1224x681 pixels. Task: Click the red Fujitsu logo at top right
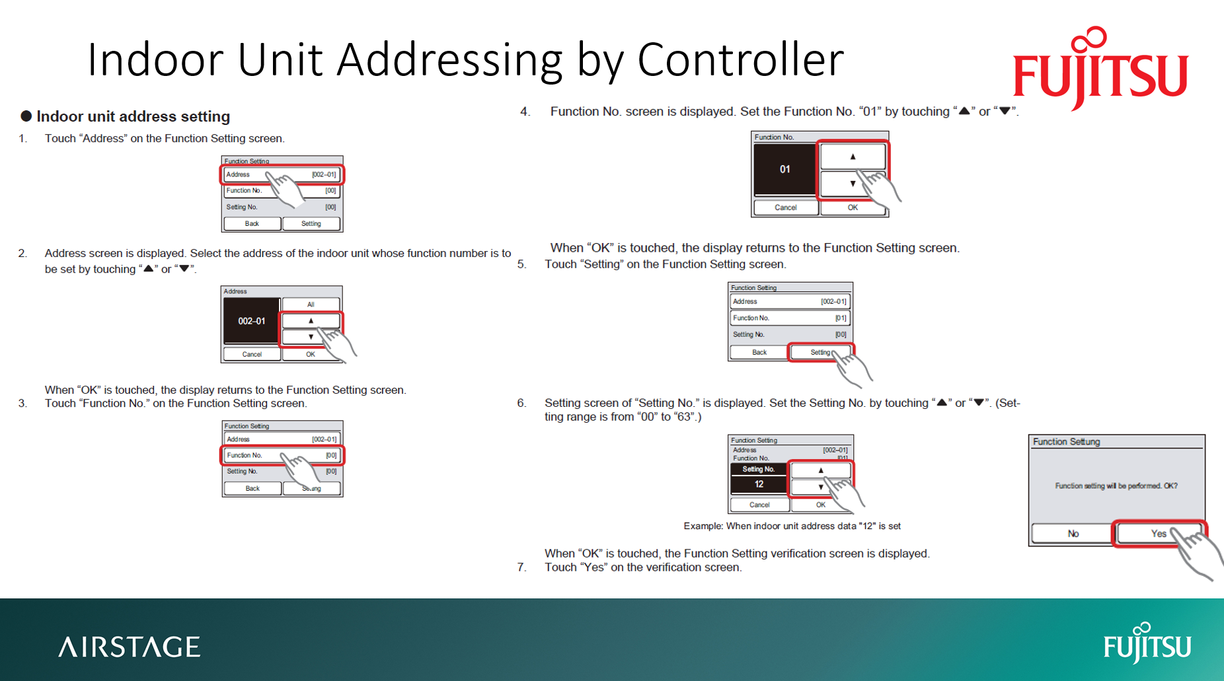tap(1100, 69)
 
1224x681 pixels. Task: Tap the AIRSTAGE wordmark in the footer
tap(130, 647)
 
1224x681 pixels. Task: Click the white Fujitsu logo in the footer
tap(1147, 643)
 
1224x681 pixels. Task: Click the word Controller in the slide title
tap(740, 59)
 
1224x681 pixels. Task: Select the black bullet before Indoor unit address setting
tap(26, 116)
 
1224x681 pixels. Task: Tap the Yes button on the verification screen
tap(1158, 534)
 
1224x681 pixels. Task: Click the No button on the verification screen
tap(1073, 534)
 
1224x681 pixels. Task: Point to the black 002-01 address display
tap(252, 321)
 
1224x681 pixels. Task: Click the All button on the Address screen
tap(311, 305)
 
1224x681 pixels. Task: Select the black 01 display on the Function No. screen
tap(785, 170)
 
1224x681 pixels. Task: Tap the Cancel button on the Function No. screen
tap(785, 207)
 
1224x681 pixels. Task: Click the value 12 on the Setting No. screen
tap(759, 484)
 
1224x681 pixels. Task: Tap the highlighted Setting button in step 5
tap(820, 352)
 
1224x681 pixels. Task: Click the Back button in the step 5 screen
tap(759, 352)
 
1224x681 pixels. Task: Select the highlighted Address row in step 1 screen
tap(282, 174)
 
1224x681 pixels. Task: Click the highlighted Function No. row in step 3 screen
tap(282, 455)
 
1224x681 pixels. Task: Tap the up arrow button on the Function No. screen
tap(853, 157)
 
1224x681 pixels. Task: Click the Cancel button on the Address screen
tap(252, 354)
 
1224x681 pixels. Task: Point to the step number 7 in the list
tap(521, 567)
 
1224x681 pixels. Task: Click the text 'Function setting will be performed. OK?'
tap(1116, 486)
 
